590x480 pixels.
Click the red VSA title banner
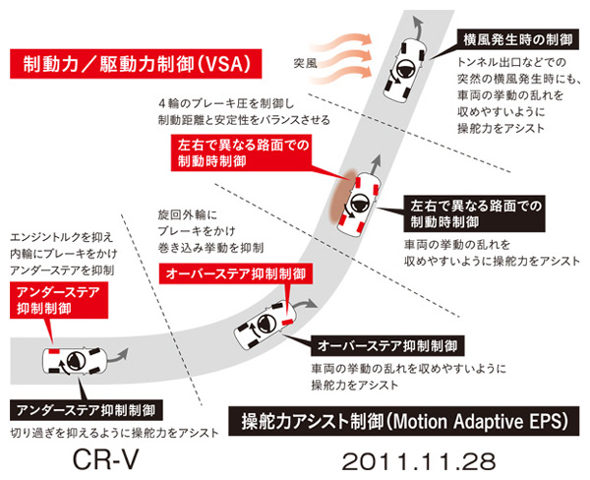pyautogui.click(x=136, y=64)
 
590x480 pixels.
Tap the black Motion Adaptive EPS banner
pyautogui.click(x=404, y=421)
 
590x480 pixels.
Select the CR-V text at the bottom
pyautogui.click(x=106, y=459)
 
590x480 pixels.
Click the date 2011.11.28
pyautogui.click(x=419, y=461)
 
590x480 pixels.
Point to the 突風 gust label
pyautogui.click(x=305, y=63)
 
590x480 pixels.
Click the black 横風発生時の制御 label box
pyautogui.click(x=518, y=39)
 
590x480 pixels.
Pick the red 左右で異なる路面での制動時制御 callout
pyautogui.click(x=241, y=152)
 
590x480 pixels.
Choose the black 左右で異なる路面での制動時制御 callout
pyautogui.click(x=475, y=213)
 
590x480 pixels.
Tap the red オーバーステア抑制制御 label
pyautogui.click(x=236, y=273)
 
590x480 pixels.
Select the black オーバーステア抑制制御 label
pyautogui.click(x=387, y=346)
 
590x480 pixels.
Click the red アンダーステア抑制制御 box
pyautogui.click(x=59, y=300)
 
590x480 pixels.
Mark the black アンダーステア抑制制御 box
pyautogui.click(x=87, y=410)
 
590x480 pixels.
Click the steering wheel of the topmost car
pyautogui.click(x=406, y=69)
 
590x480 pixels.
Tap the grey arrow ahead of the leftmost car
pyautogui.click(x=118, y=356)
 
